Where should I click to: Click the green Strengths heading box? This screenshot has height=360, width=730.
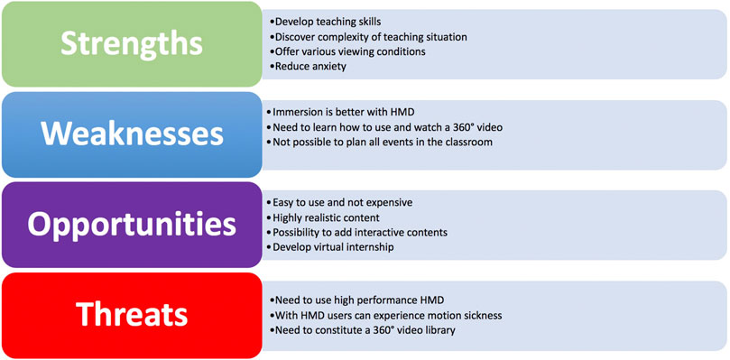131,43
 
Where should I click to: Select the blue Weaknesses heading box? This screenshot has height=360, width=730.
131,134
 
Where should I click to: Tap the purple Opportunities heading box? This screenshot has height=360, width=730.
131,224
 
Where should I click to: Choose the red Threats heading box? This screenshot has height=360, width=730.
131,314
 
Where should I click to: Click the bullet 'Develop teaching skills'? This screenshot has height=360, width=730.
327,22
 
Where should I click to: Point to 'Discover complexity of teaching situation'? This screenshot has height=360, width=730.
370,37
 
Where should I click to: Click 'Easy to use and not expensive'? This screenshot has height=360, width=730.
343,203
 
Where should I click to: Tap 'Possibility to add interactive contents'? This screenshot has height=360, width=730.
360,232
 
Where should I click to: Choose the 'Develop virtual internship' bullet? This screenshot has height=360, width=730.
333,246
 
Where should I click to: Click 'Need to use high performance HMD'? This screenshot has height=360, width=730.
358,300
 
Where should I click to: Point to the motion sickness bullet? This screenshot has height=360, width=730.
388,315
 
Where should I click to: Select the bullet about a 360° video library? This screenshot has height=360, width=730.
365,329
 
